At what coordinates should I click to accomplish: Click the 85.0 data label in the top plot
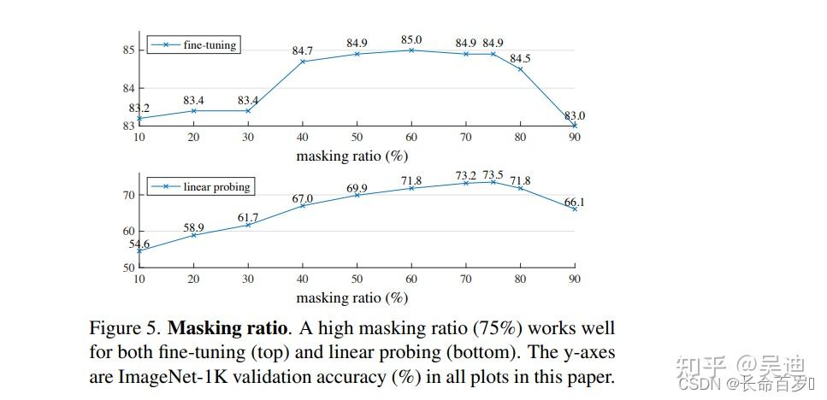[x=411, y=38]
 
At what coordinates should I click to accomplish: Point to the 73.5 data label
[x=493, y=174]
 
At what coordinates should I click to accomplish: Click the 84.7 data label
[x=302, y=51]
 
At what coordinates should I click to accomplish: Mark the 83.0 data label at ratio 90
[x=574, y=115]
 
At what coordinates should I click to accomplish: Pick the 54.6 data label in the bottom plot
[x=139, y=244]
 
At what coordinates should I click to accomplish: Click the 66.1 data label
[x=574, y=202]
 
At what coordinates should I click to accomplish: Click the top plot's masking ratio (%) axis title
[x=351, y=156]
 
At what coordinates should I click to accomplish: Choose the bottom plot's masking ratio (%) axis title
[x=351, y=297]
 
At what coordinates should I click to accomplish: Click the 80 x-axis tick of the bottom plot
[x=520, y=279]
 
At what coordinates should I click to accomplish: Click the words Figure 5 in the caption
[x=125, y=328]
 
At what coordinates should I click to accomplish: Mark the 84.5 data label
[x=520, y=58]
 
